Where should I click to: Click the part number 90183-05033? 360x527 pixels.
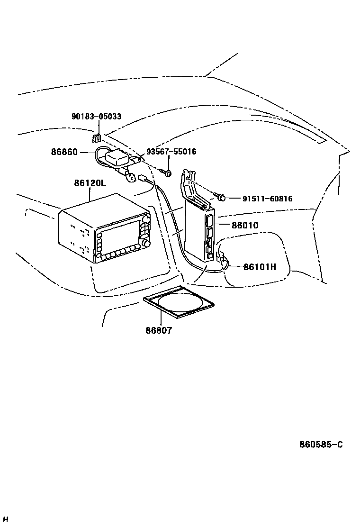(96, 117)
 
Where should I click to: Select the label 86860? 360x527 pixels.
(64, 152)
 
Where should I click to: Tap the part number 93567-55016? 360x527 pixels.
(171, 152)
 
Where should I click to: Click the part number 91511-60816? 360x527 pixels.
(267, 199)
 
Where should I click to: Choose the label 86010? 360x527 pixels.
(245, 225)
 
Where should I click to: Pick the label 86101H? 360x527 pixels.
(260, 267)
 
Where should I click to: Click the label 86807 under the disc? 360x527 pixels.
(159, 330)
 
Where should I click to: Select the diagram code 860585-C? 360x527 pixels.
(321, 445)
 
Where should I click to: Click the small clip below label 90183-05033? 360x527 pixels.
(96, 138)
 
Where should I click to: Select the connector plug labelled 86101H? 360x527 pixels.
(220, 257)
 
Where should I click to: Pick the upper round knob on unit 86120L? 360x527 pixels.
(146, 220)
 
